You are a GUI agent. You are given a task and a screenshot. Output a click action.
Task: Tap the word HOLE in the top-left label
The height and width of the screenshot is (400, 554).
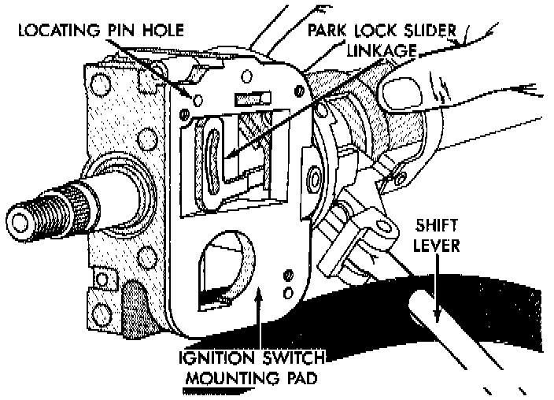pos(162,31)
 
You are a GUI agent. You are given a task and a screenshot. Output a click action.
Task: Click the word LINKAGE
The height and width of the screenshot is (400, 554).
pos(377,50)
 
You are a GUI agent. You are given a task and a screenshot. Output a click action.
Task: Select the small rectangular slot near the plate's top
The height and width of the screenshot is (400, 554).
pos(249,101)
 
